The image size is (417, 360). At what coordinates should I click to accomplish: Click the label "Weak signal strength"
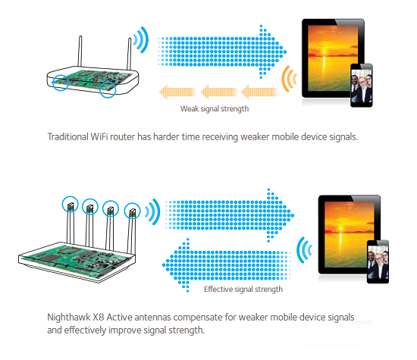215,108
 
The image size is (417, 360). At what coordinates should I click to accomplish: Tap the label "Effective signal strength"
243,289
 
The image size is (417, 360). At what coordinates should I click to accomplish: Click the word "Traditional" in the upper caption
67,136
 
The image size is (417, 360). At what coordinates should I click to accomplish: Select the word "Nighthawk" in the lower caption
68,318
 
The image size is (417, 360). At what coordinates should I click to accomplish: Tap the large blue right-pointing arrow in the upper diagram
222,52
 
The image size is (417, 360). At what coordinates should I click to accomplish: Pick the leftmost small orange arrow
177,92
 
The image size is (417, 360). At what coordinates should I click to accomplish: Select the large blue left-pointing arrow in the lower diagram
227,265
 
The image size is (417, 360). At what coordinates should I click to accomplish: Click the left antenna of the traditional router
80,51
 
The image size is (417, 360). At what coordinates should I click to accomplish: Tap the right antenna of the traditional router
129,54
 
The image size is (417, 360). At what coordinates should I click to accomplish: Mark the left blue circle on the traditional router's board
61,83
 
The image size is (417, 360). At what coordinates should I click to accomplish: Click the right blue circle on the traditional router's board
108,89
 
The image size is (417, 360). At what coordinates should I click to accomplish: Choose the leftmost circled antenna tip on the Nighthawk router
71,204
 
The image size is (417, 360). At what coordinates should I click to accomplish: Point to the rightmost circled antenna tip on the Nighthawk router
133,211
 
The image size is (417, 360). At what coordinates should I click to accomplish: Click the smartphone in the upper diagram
362,86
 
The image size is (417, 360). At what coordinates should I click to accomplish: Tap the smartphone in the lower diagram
378,261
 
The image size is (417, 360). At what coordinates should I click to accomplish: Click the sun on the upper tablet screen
324,52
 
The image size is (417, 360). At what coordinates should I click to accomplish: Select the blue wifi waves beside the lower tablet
304,250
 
